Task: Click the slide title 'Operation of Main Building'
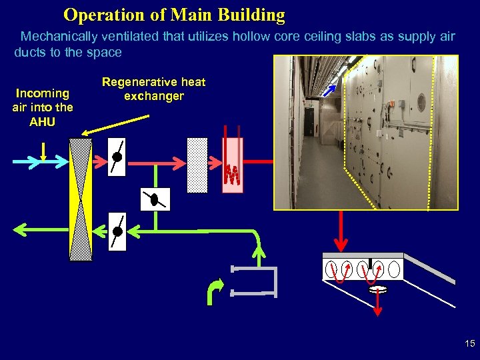click(174, 15)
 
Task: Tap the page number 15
click(469, 344)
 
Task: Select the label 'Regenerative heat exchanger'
click(153, 89)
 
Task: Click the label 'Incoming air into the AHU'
click(43, 107)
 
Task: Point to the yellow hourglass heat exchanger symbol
click(81, 199)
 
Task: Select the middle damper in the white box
click(155, 199)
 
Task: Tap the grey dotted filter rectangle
click(197, 165)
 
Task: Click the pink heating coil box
click(232, 165)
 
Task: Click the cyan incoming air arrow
click(40, 162)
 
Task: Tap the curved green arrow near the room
click(215, 291)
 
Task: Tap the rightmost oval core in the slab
click(394, 269)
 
